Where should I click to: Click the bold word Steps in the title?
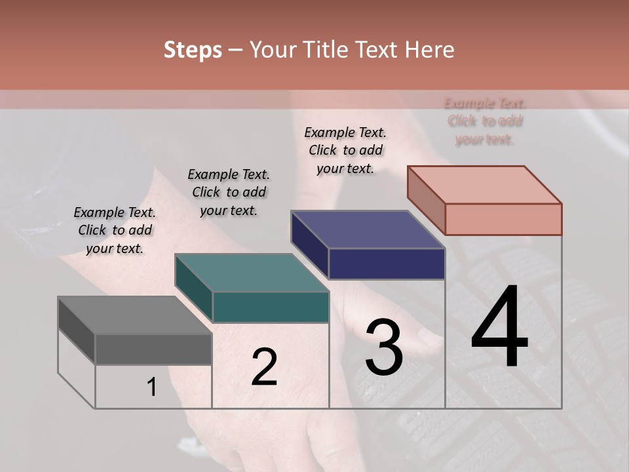tap(193, 50)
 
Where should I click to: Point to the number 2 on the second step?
tap(264, 366)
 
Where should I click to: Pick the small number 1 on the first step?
tap(152, 387)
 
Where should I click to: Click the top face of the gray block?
tap(135, 315)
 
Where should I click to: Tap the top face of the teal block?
tap(252, 273)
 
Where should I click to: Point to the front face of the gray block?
tap(153, 349)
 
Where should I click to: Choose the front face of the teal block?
tap(270, 307)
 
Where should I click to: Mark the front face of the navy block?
tap(387, 264)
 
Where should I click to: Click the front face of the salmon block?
tap(503, 219)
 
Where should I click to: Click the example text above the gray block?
tap(115, 230)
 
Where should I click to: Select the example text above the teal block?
tap(229, 192)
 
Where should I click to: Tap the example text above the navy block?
tap(345, 150)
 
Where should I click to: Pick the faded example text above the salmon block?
tap(485, 121)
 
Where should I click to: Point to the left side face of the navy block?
tap(310, 244)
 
